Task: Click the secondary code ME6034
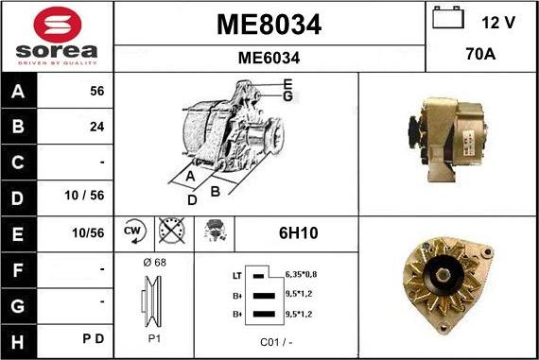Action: (x=269, y=58)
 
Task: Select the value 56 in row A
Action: (x=96, y=92)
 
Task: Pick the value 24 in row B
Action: (x=96, y=127)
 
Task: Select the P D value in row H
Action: (x=93, y=337)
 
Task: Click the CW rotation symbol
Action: (x=132, y=231)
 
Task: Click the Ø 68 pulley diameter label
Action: (x=153, y=262)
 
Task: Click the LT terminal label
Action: (x=236, y=275)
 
